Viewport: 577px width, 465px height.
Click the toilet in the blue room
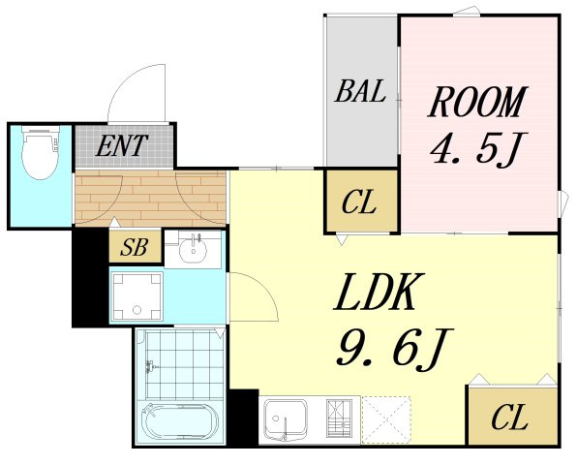(x=41, y=152)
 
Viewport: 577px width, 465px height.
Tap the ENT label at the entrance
(x=122, y=145)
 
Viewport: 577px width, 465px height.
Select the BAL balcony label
(x=360, y=91)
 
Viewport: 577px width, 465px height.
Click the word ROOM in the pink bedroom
(x=477, y=102)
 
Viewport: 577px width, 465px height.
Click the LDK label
(x=380, y=292)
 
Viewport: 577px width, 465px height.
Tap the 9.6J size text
(x=394, y=348)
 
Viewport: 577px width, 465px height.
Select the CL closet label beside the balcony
(x=359, y=201)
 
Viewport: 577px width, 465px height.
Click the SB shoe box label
(x=135, y=247)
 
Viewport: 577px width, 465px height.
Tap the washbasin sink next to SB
(x=193, y=249)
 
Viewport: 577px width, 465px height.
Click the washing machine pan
(x=137, y=296)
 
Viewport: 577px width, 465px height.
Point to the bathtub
(x=181, y=422)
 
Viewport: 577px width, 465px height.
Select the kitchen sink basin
(x=286, y=419)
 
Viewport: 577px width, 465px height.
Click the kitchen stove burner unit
(x=339, y=418)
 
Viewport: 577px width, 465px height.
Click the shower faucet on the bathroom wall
(x=151, y=366)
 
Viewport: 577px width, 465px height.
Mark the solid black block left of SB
(x=91, y=277)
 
